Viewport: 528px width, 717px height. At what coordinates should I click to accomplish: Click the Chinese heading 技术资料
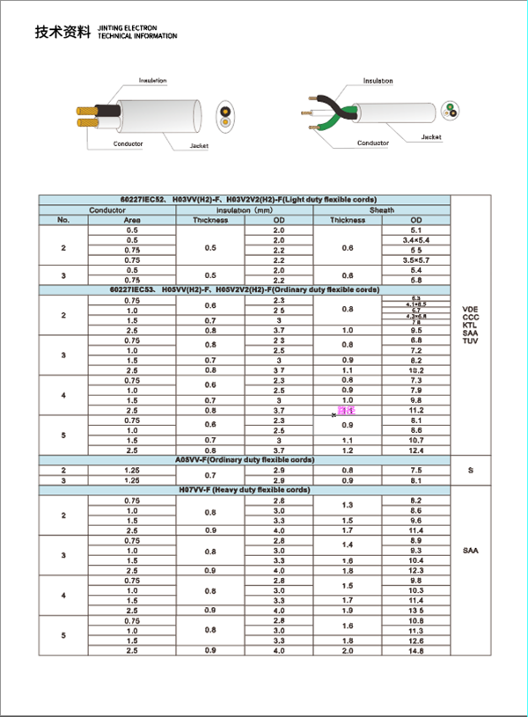(62, 33)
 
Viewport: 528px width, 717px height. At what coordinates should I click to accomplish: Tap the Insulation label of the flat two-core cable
(153, 80)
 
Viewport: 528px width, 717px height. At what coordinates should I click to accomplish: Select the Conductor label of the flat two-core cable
(127, 143)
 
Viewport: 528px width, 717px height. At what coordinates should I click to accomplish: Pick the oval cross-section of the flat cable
(227, 114)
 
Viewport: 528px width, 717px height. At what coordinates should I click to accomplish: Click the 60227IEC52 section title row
(243, 200)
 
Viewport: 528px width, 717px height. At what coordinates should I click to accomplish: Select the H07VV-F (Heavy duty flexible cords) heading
(243, 489)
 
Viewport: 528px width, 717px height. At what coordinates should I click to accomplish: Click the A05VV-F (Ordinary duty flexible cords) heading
(243, 459)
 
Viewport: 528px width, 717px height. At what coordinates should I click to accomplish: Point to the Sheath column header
(381, 210)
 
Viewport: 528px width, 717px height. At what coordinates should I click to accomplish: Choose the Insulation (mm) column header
(245, 210)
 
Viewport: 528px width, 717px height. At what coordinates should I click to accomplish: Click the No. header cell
(63, 220)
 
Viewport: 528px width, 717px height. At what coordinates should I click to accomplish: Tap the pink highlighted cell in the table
(347, 411)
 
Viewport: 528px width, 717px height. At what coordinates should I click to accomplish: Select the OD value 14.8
(416, 650)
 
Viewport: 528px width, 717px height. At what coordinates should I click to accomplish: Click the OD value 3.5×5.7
(416, 260)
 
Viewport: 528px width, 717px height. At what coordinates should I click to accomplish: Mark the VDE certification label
(470, 308)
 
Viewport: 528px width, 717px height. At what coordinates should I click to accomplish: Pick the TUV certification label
(470, 340)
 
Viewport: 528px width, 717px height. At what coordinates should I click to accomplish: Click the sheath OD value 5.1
(416, 230)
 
